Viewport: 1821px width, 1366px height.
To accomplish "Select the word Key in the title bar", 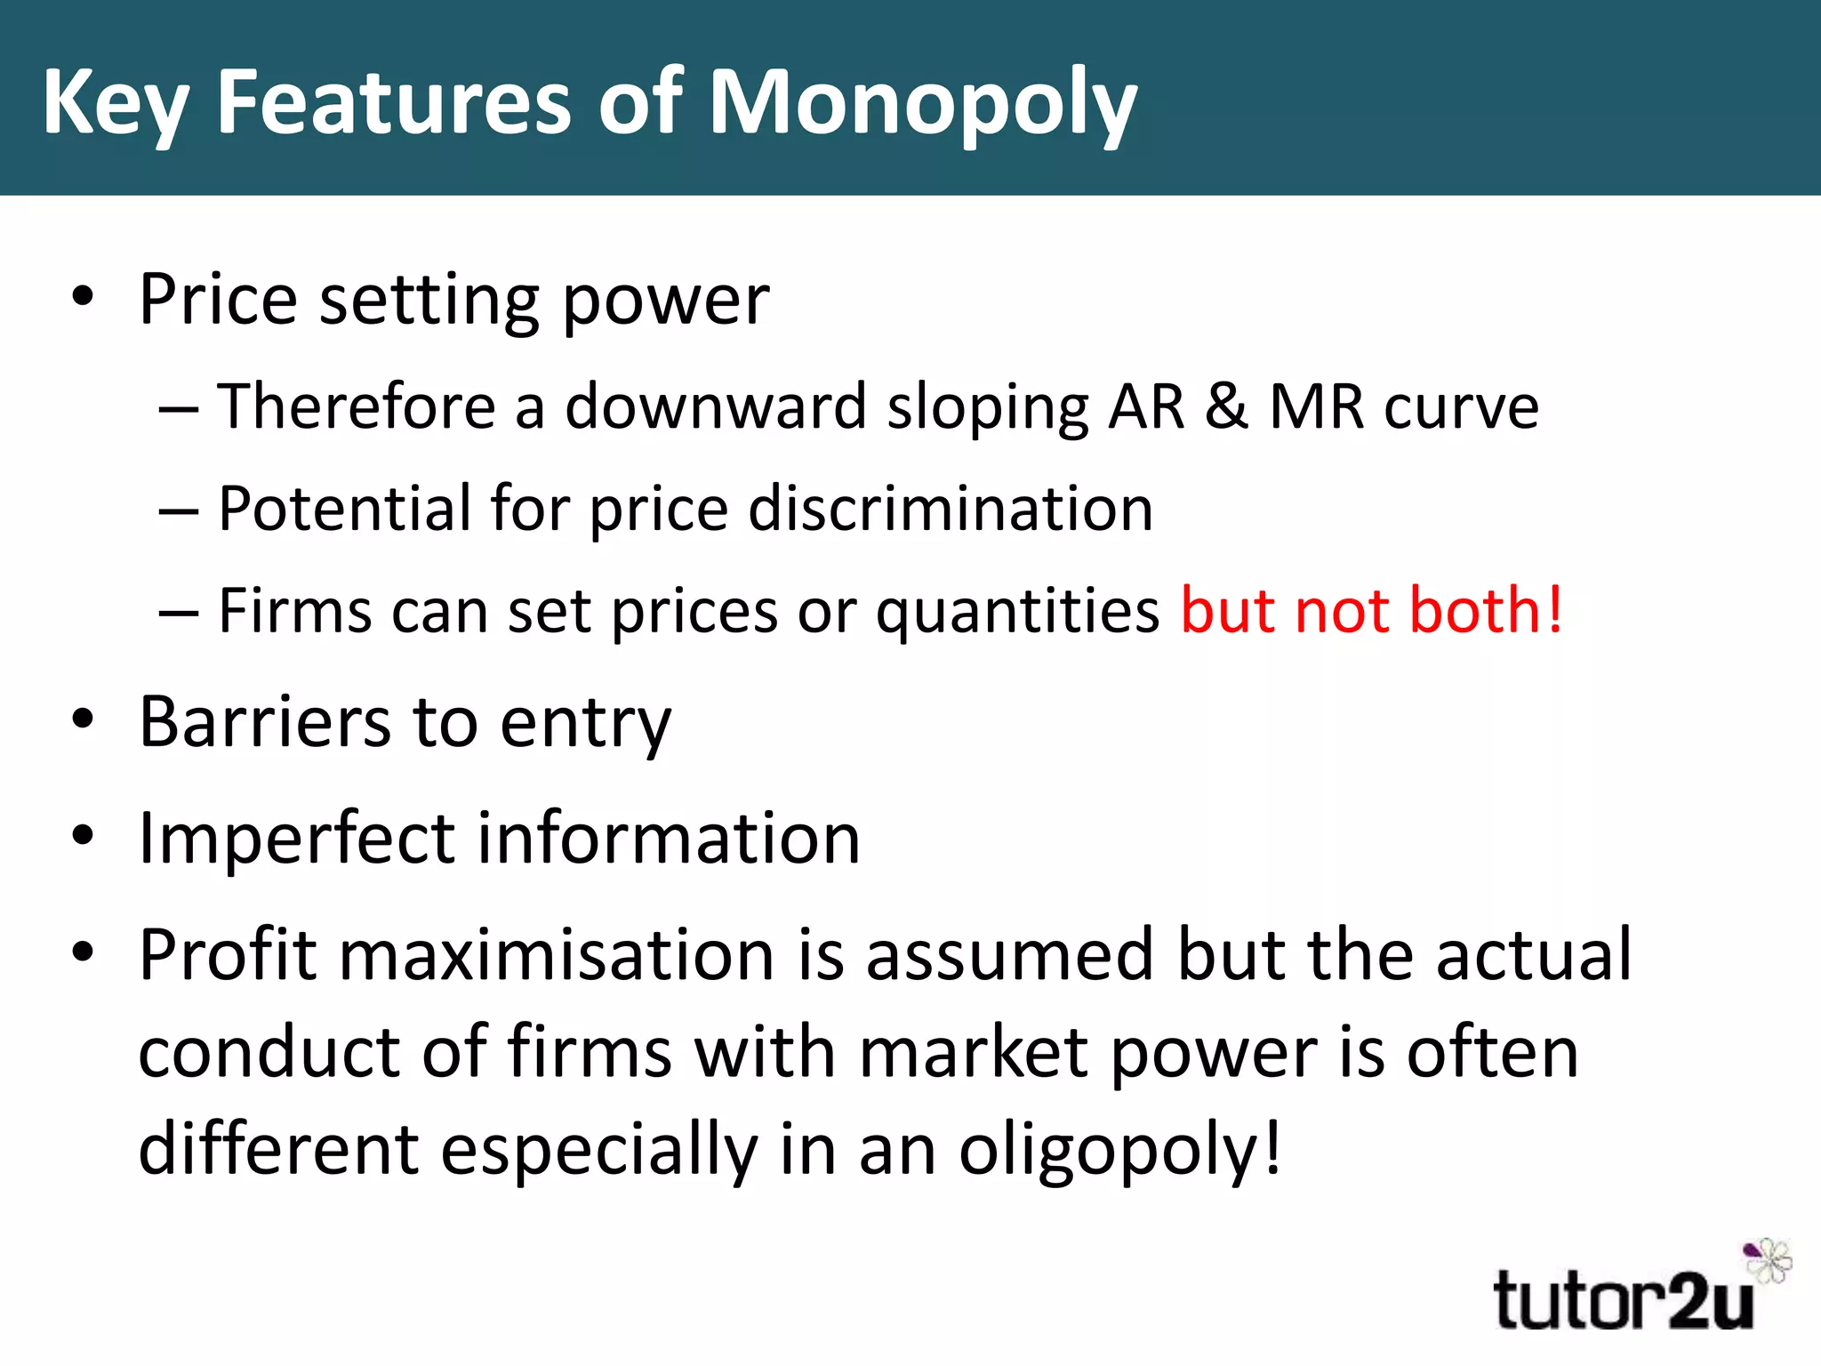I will pyautogui.click(x=115, y=105).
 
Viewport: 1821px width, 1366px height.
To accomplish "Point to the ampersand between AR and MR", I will pyautogui.click(x=1227, y=406).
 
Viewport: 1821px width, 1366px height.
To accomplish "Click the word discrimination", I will pyautogui.click(x=951, y=509).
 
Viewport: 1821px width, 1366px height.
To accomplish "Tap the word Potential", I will pyautogui.click(x=343, y=509).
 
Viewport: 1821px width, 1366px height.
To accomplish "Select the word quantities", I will pyautogui.click(x=1018, y=612).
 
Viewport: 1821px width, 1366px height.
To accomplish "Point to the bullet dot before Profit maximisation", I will pyautogui.click(x=83, y=952).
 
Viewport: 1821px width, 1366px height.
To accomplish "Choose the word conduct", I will pyautogui.click(x=269, y=1052).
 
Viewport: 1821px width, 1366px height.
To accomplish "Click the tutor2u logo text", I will pyautogui.click(x=1623, y=1300).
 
